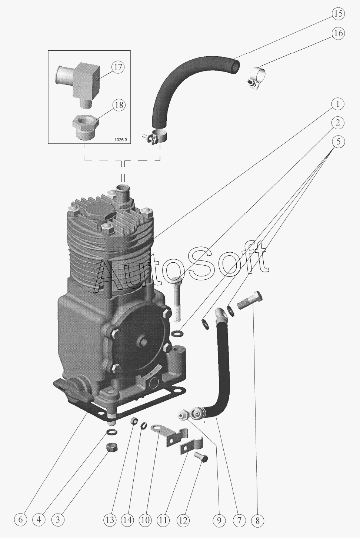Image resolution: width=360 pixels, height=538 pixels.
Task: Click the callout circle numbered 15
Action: coord(337,14)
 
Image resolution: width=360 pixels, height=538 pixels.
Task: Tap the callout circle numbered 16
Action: coord(337,33)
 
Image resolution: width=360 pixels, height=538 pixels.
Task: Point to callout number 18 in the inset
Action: coord(118,105)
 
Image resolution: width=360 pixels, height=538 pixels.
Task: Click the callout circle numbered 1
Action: coord(337,104)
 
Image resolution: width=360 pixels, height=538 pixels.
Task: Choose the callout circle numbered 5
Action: coord(337,142)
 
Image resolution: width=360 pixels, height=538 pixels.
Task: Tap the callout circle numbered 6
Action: coord(21,520)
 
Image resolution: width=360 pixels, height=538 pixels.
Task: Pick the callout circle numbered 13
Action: coord(110,520)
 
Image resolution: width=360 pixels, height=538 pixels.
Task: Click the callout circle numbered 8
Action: coord(257,520)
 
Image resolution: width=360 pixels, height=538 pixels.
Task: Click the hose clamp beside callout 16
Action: coord(256,77)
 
